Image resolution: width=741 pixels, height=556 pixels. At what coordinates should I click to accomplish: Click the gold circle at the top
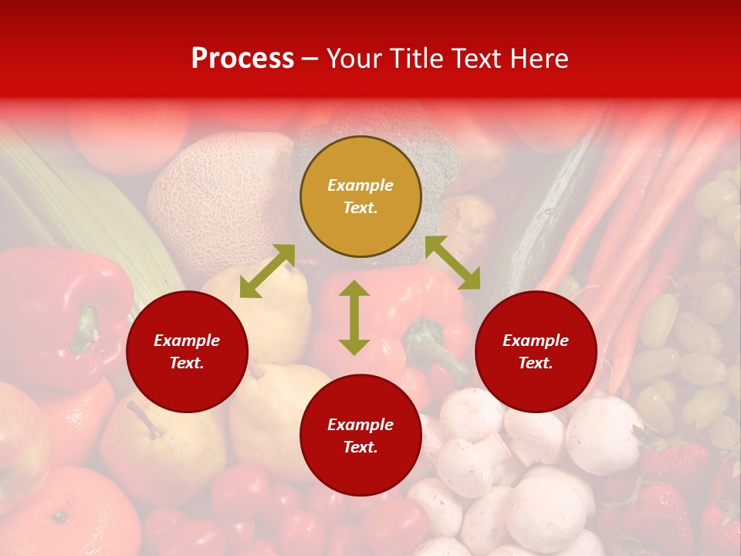click(360, 197)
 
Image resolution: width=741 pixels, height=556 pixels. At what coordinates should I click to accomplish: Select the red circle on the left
click(187, 352)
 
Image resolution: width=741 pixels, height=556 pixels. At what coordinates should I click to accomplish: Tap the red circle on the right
click(536, 352)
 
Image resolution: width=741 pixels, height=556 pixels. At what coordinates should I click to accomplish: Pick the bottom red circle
click(360, 436)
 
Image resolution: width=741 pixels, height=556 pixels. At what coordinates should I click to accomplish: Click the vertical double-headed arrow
click(354, 317)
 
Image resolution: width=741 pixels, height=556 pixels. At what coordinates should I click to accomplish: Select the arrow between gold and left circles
click(267, 271)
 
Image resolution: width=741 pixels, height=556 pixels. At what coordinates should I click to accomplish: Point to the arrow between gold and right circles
click(452, 263)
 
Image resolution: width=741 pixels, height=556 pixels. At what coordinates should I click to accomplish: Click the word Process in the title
click(242, 58)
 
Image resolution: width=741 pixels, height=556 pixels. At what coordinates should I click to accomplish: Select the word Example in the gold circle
click(360, 185)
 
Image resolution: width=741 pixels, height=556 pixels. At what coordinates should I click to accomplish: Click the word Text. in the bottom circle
click(360, 447)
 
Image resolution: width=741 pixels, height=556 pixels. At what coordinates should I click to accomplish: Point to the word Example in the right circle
click(536, 341)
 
